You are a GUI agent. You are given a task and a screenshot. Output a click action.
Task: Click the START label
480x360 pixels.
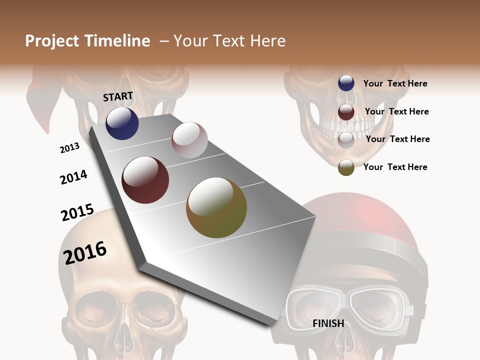pyautogui.click(x=118, y=96)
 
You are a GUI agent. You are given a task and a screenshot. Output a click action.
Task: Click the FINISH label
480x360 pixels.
pyautogui.click(x=328, y=323)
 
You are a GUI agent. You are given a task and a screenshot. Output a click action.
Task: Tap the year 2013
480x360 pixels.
pyautogui.click(x=69, y=148)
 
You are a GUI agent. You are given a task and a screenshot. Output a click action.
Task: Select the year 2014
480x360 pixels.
pyautogui.click(x=73, y=177)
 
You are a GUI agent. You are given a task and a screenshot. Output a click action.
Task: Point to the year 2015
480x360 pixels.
pyautogui.click(x=77, y=212)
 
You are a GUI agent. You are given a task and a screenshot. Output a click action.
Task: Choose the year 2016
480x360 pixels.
pyautogui.click(x=85, y=252)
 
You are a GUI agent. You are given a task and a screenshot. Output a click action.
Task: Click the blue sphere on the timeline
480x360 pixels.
pyautogui.click(x=122, y=123)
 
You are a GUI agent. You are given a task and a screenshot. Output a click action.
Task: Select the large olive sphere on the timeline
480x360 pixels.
pyautogui.click(x=216, y=207)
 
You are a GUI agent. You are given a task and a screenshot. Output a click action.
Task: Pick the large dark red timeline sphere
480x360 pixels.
pyautogui.click(x=145, y=180)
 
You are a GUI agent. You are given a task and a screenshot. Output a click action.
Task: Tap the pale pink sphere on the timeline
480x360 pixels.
pyautogui.click(x=189, y=140)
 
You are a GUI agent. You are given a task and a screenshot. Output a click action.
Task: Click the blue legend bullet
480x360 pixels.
pyautogui.click(x=346, y=83)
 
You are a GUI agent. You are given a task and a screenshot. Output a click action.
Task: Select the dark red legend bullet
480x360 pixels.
pyautogui.click(x=346, y=112)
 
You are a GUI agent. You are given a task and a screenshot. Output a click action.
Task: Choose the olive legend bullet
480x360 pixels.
pyautogui.click(x=346, y=167)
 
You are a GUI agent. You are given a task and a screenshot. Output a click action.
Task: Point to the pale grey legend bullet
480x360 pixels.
pyautogui.click(x=346, y=140)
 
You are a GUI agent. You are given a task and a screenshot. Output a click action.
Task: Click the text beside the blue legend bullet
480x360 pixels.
pyautogui.click(x=395, y=83)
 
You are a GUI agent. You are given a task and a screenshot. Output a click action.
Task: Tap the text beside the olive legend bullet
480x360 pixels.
pyautogui.click(x=395, y=167)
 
